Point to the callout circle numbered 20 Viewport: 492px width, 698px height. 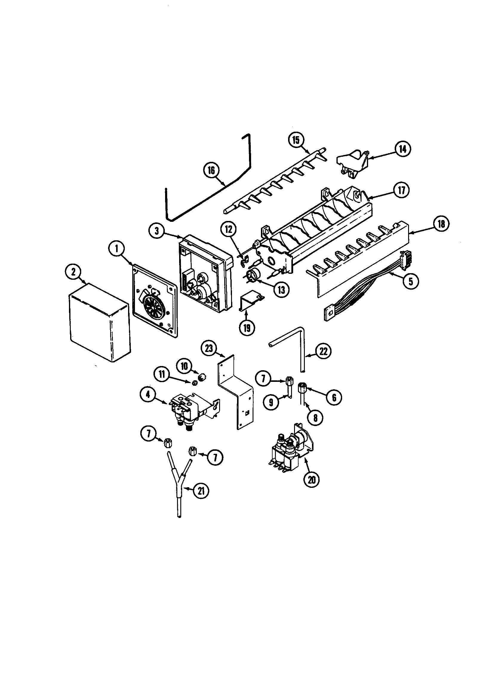(x=312, y=480)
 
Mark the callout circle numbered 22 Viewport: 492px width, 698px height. (x=323, y=351)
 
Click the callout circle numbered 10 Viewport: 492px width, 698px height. (x=185, y=366)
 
